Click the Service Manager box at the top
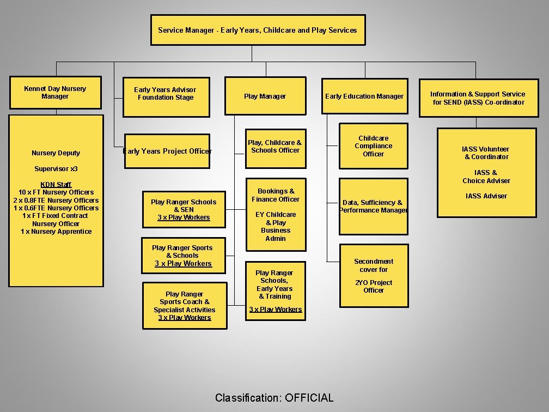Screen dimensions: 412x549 [258, 30]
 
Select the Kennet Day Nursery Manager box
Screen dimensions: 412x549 [55, 92]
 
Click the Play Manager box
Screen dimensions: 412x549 [265, 96]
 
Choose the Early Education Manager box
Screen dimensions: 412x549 [364, 96]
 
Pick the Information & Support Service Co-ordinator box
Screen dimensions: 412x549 [478, 98]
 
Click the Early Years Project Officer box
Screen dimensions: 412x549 [167, 151]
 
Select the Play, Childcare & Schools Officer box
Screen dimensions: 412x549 [275, 146]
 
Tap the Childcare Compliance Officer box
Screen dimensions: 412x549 [374, 146]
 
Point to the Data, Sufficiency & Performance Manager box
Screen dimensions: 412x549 [374, 206]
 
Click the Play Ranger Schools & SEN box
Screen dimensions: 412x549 [184, 210]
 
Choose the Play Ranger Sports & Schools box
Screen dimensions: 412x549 [182, 256]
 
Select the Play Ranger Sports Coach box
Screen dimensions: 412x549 [185, 305]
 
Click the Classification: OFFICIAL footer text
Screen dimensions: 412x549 [274, 397]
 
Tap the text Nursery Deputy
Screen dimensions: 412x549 [56, 153]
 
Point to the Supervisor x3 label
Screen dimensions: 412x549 [56, 168]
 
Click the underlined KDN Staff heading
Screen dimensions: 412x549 [56, 184]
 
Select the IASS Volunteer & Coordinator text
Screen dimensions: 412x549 [486, 153]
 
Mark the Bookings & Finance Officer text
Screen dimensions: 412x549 [276, 195]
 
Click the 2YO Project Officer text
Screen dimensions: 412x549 [374, 286]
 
